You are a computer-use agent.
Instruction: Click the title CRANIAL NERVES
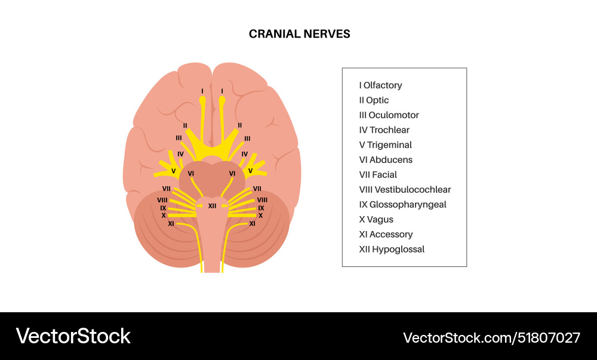299,34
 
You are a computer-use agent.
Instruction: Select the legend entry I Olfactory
380,85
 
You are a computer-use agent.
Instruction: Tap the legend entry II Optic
374,100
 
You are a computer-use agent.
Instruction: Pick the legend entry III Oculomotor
389,115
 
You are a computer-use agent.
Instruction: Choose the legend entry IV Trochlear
384,130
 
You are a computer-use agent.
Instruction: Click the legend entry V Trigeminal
385,145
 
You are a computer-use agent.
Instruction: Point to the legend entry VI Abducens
386,160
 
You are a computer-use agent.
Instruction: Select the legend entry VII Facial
378,175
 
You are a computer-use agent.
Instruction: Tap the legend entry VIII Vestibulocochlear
405,190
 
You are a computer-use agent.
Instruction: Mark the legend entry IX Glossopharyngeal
402,205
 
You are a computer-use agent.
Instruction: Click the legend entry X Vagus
376,220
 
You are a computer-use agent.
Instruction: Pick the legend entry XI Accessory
386,235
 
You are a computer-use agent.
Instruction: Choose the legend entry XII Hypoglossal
392,250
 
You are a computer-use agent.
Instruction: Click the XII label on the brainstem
212,205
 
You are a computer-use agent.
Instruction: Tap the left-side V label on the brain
173,171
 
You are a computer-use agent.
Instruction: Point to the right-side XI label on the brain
252,223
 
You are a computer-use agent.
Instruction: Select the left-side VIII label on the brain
162,199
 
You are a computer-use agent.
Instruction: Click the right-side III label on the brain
247,139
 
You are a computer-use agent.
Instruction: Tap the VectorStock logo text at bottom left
73,336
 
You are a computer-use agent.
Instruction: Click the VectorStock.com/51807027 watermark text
491,338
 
